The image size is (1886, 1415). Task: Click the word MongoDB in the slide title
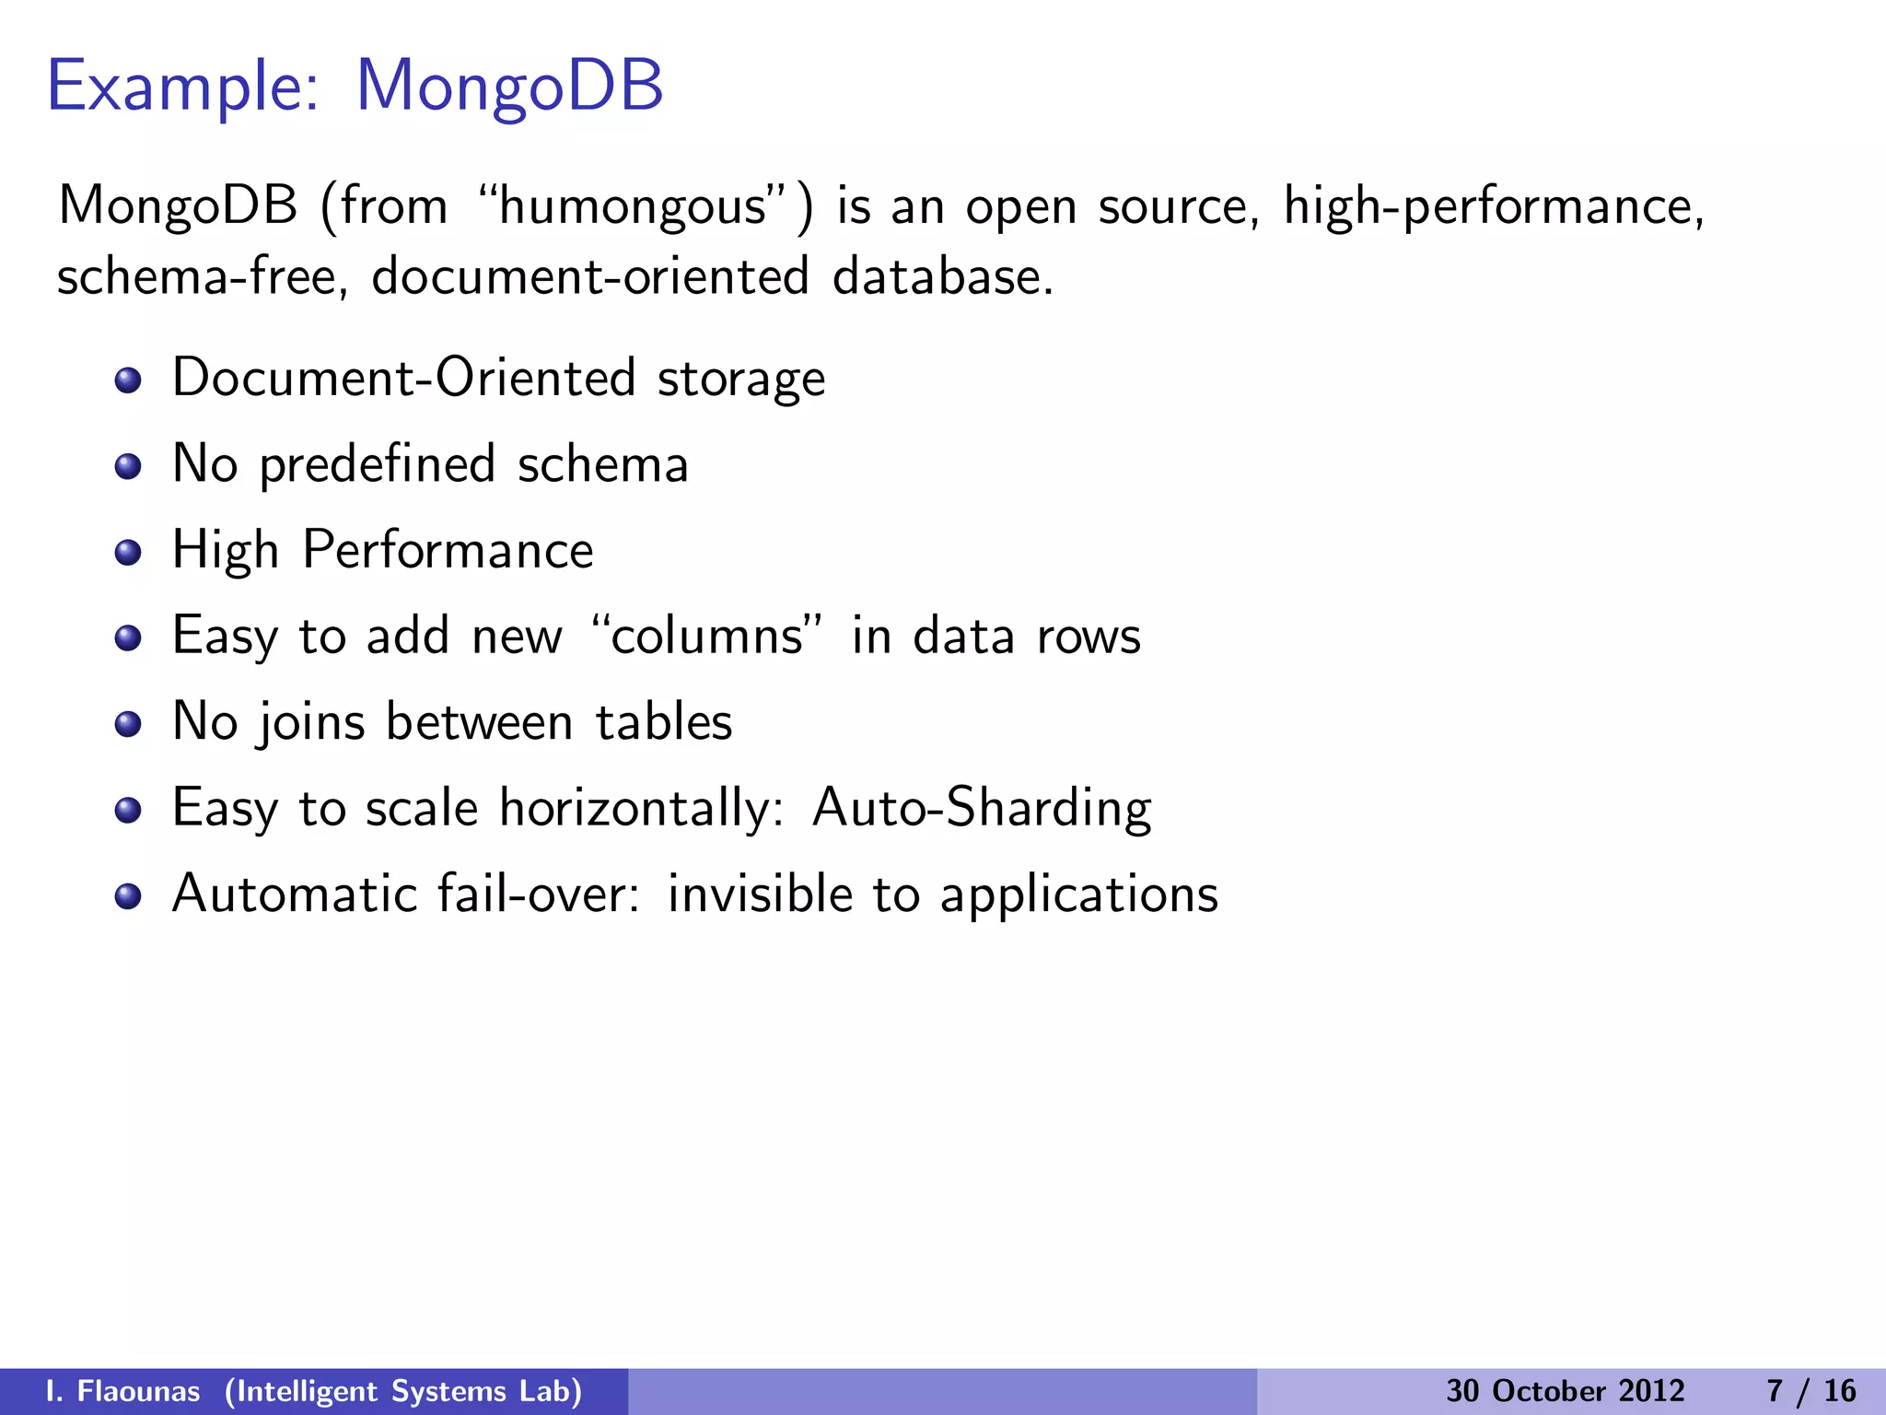[x=508, y=87]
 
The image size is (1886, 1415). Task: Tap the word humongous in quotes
[x=634, y=206]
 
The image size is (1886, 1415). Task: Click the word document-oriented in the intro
[x=589, y=276]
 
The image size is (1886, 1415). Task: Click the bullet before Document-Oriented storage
[x=128, y=380]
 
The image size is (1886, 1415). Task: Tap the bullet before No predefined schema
[x=128, y=466]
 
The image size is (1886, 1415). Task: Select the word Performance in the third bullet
[x=448, y=551]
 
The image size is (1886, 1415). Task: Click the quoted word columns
[x=706, y=637]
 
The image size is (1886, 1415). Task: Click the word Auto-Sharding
[x=982, y=808]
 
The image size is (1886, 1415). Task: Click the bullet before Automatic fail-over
[x=128, y=895]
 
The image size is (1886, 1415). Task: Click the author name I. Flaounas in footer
[x=122, y=1391]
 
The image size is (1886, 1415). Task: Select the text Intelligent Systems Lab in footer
[x=403, y=1391]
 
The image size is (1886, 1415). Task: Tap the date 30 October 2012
[x=1565, y=1391]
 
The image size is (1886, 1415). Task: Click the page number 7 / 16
[x=1810, y=1391]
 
